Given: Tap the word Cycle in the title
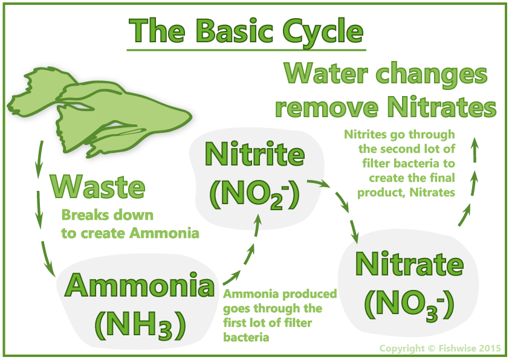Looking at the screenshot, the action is [x=323, y=33].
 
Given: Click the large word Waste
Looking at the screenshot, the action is [x=97, y=187].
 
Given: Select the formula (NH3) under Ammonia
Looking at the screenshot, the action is [x=140, y=324].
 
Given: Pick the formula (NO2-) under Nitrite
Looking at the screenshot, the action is [x=254, y=194].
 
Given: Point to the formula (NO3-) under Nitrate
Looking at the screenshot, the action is [x=409, y=305].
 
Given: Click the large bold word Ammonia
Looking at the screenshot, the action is [x=140, y=286].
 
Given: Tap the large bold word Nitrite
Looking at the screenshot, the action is [x=255, y=154].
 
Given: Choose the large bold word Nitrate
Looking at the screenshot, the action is [x=409, y=264].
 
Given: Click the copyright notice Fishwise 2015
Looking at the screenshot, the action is [x=440, y=349].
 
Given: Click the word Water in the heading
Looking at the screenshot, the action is [x=326, y=73].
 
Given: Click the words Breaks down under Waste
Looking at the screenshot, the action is [x=108, y=215].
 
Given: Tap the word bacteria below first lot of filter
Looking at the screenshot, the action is [x=246, y=337].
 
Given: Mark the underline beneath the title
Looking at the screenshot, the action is [x=247, y=50].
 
